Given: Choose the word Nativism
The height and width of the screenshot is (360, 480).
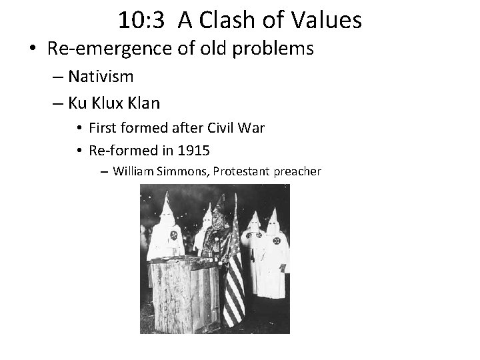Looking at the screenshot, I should [x=101, y=77].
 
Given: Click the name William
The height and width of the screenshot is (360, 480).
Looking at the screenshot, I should [x=135, y=171].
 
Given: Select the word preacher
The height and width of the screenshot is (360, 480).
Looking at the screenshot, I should [x=297, y=171].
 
